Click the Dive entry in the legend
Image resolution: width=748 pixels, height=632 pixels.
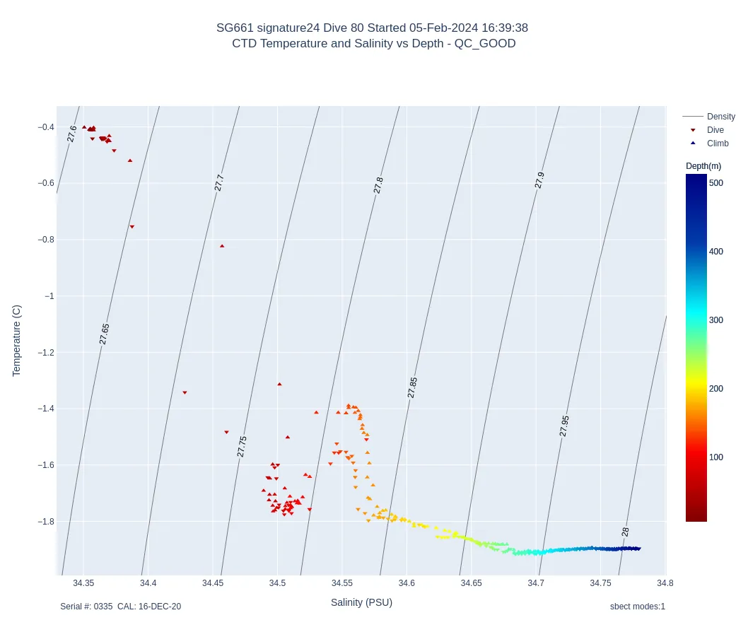point(715,130)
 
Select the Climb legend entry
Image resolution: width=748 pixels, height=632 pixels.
point(717,144)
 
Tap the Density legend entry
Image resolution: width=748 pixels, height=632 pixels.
point(720,117)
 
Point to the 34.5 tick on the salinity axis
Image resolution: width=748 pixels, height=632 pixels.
point(278,583)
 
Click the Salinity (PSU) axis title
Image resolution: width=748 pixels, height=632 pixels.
point(361,603)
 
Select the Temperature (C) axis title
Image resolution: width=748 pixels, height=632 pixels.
point(17,341)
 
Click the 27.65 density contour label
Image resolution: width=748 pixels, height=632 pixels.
point(105,334)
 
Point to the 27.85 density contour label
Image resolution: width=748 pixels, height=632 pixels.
point(413,387)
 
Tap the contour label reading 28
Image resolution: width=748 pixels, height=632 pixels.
point(625,532)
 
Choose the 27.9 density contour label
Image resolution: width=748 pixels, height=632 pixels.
point(540,180)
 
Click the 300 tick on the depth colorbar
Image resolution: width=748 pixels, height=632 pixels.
point(716,320)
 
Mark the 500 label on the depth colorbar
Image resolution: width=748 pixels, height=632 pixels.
point(716,183)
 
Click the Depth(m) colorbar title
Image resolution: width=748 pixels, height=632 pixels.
point(703,166)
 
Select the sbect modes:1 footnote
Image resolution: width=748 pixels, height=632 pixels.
point(637,607)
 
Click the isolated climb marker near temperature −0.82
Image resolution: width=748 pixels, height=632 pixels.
point(222,246)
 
